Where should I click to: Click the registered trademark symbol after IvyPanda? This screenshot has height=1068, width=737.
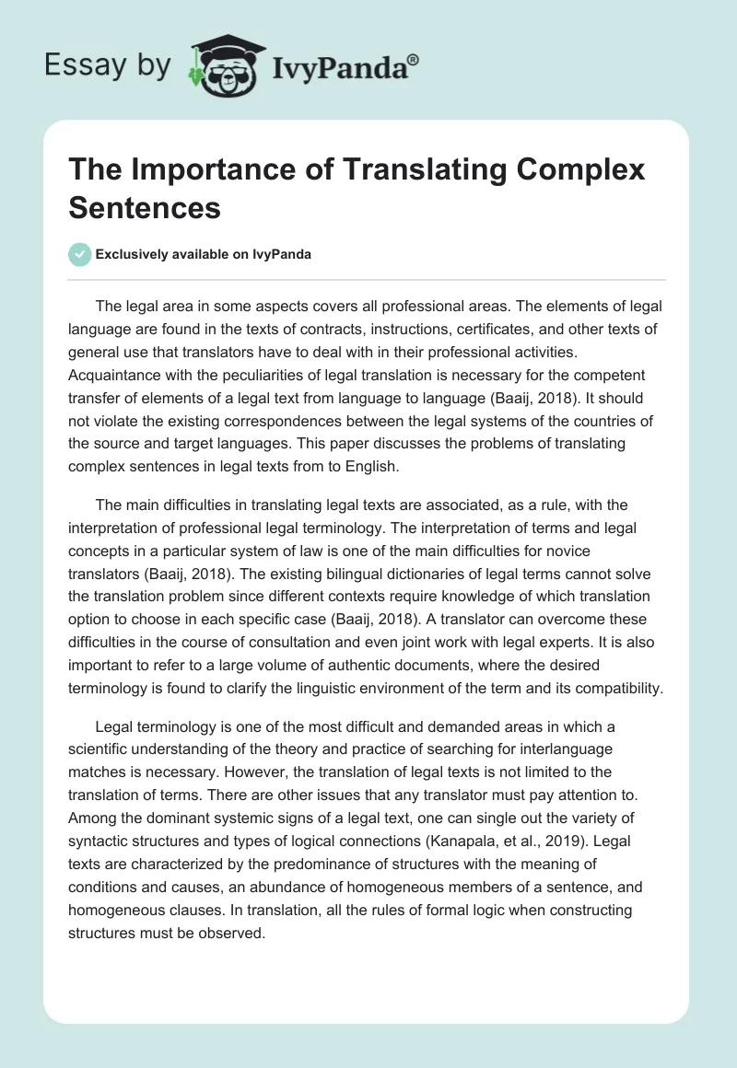click(414, 59)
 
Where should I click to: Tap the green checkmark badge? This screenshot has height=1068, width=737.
click(80, 254)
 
